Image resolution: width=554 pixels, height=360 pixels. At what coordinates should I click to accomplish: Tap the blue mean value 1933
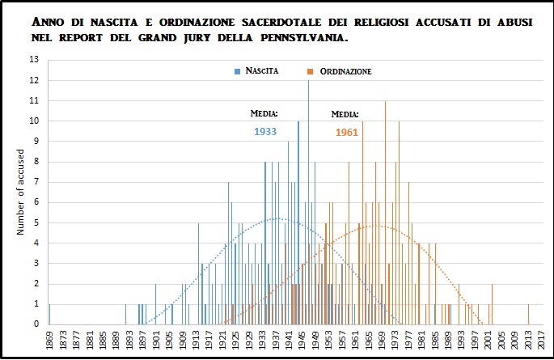[x=266, y=130]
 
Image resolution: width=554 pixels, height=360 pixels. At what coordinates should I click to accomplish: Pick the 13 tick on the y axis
[x=34, y=60]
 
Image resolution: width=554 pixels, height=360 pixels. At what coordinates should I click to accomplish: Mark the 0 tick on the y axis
[x=36, y=324]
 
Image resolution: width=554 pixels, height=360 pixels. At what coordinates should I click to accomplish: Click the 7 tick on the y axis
[x=36, y=182]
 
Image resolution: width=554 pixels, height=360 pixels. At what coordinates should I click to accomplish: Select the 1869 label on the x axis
[x=50, y=341]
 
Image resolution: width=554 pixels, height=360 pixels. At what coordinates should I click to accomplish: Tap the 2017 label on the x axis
[x=539, y=341]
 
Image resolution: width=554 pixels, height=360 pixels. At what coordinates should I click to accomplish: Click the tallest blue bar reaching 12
[x=308, y=202]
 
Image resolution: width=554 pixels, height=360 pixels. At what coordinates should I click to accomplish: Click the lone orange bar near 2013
[x=529, y=315]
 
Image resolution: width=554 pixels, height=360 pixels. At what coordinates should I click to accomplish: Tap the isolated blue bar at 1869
[x=49, y=315]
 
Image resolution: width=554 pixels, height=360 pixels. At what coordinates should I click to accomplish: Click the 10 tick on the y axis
[x=34, y=121]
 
